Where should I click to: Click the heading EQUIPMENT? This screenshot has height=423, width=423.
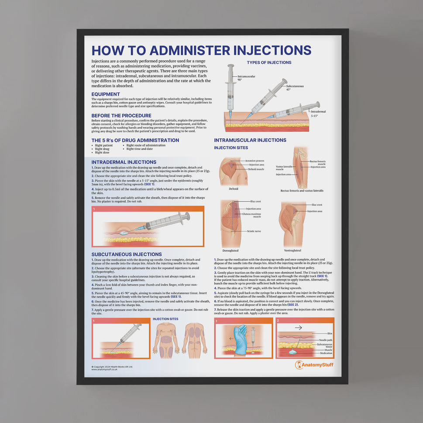click(106, 94)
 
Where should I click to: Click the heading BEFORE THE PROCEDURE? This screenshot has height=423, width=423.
click(121, 116)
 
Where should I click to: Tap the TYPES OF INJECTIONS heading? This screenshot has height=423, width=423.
click(269, 62)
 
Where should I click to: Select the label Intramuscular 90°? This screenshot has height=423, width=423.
click(246, 78)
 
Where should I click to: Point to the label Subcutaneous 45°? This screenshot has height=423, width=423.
click(295, 87)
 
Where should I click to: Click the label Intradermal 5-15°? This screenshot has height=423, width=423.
click(318, 113)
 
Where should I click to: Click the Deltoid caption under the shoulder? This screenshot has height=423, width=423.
click(234, 189)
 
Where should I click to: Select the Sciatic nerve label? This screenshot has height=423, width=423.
click(254, 231)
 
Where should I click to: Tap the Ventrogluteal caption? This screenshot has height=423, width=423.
click(292, 251)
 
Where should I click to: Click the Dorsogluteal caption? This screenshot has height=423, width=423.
click(230, 251)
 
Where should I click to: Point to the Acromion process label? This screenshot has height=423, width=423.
click(254, 161)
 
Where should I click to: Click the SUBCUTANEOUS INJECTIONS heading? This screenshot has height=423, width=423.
click(127, 254)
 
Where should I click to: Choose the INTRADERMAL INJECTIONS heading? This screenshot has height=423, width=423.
click(124, 162)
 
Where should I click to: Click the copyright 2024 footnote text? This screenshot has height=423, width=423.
click(112, 367)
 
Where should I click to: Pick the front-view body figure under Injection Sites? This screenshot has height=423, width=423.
click(166, 338)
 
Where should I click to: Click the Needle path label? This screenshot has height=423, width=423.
click(326, 340)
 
